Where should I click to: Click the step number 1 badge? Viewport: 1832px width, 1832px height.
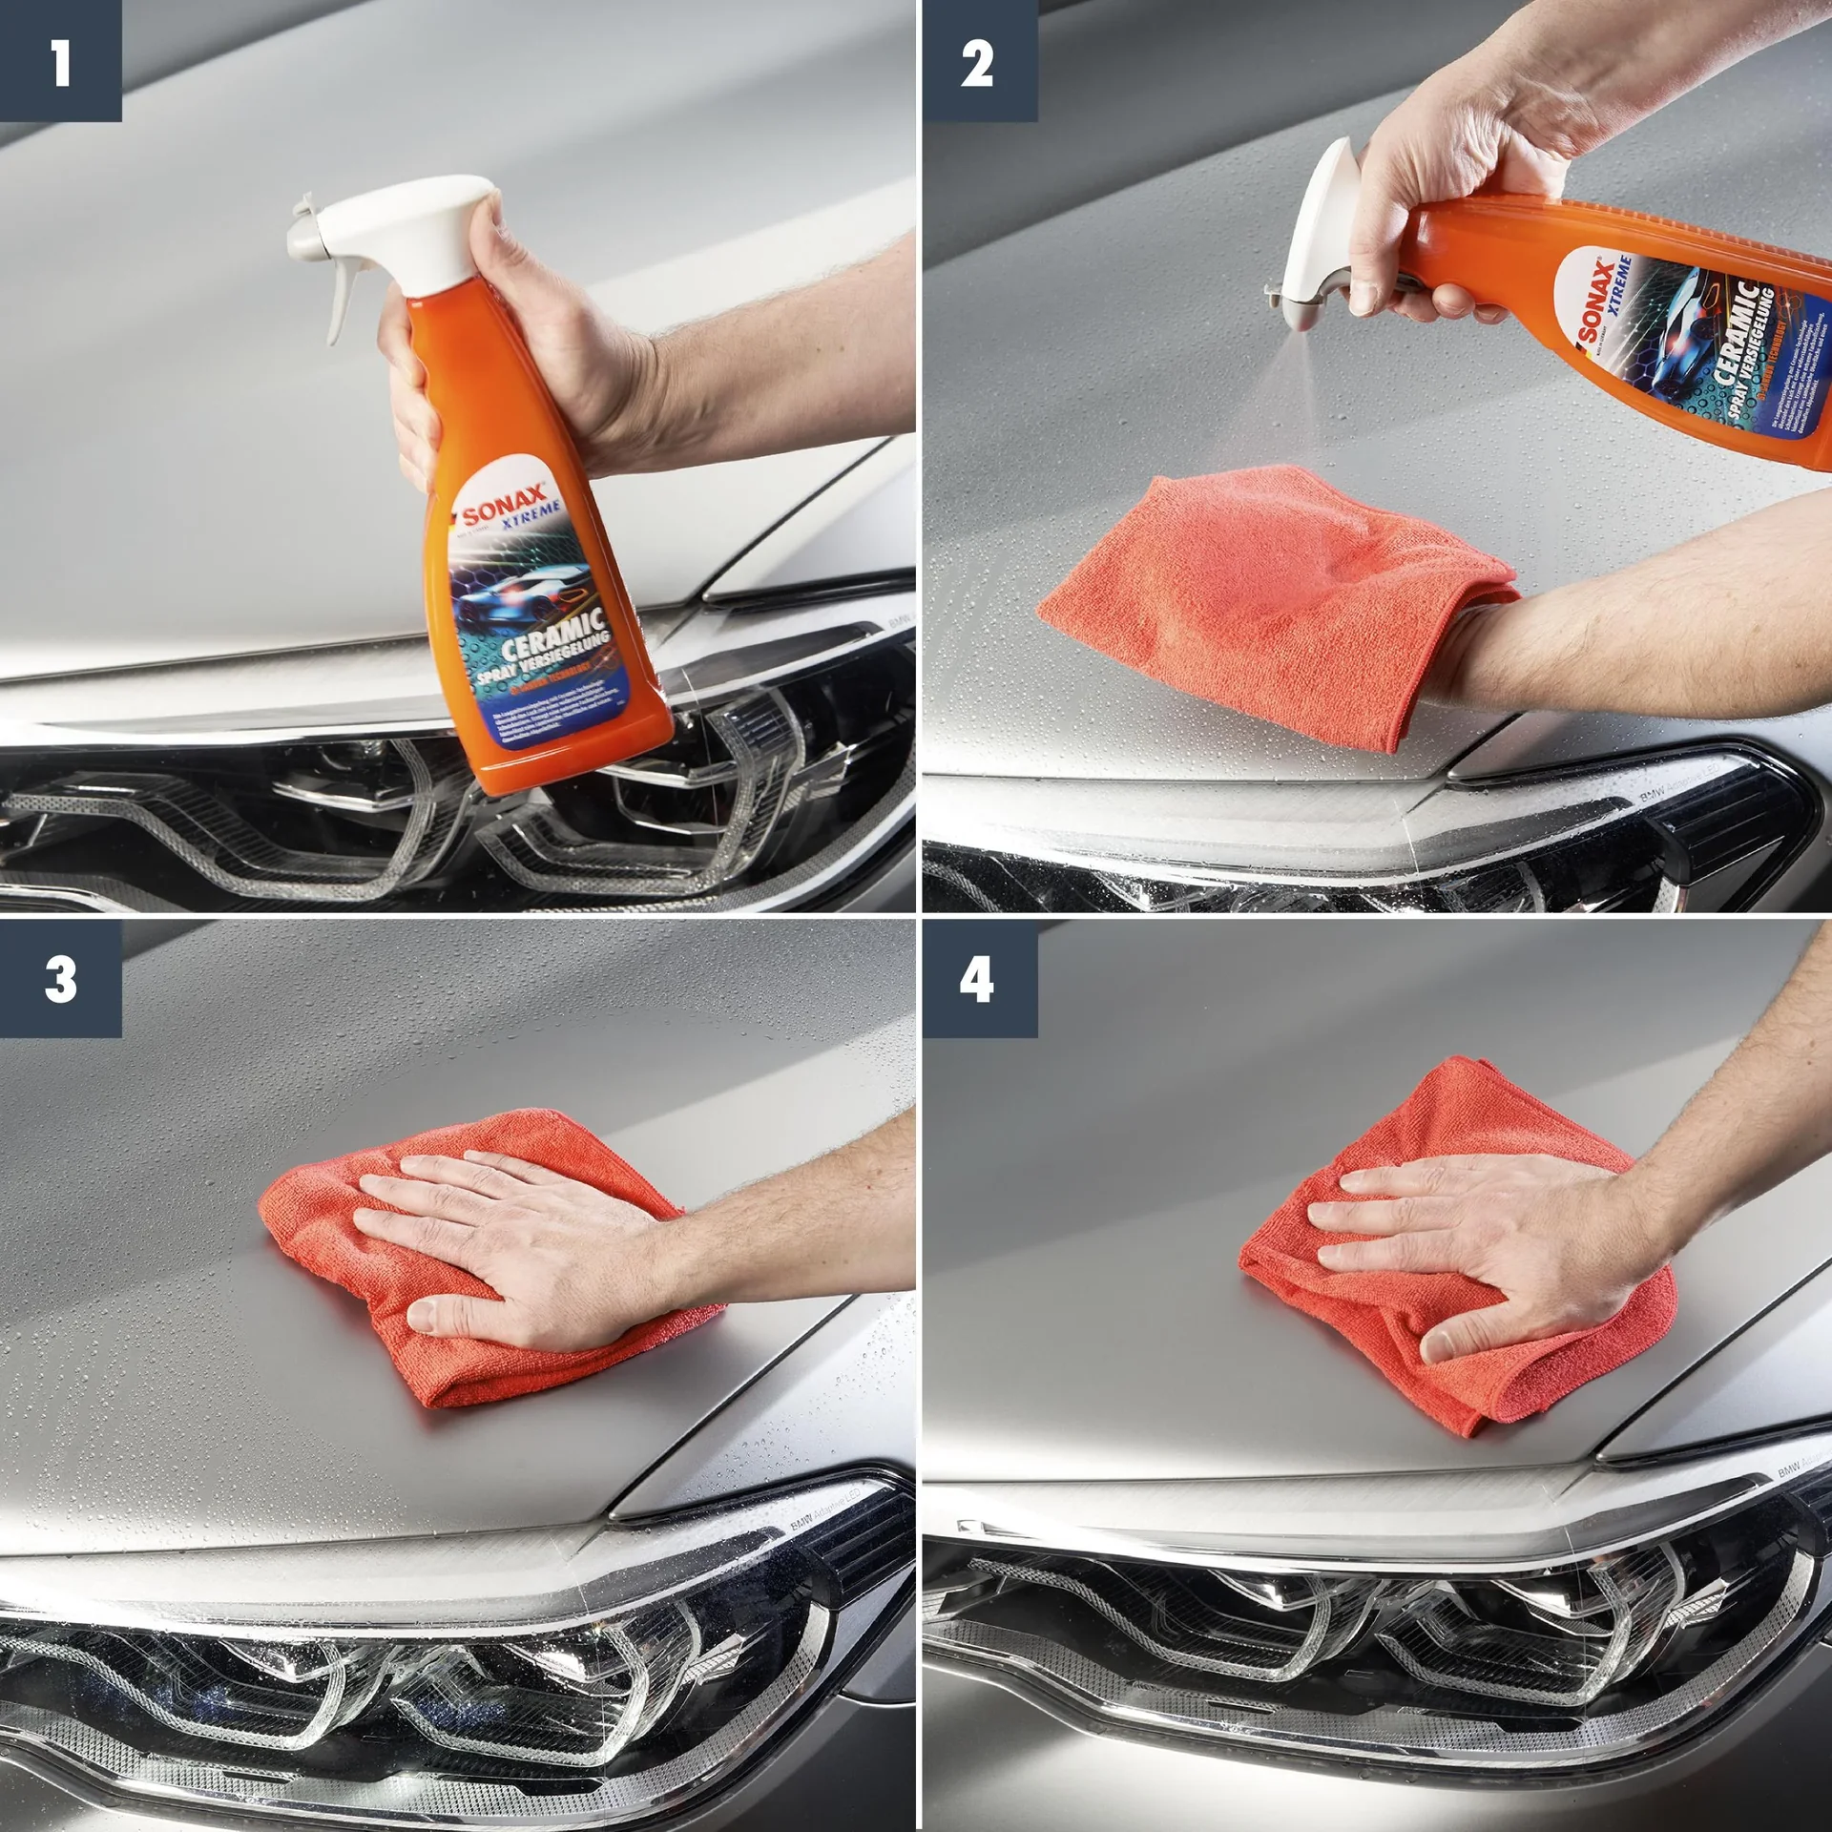pos(60,60)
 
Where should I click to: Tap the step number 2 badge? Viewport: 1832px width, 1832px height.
pos(979,60)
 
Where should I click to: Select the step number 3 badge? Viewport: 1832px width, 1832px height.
pos(60,979)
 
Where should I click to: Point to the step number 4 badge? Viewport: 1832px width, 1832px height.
pos(979,979)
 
